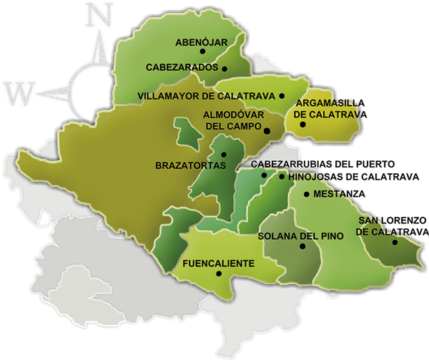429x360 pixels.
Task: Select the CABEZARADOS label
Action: (x=182, y=68)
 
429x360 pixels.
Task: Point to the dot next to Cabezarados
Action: (x=225, y=69)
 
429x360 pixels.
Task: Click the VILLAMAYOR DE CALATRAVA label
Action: (x=206, y=95)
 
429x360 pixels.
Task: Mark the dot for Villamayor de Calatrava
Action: (x=282, y=95)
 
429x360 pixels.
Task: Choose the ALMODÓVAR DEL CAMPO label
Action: (x=234, y=120)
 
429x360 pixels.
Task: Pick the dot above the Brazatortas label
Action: (x=224, y=155)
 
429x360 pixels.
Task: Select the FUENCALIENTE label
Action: (x=219, y=263)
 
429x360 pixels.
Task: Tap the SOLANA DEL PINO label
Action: (x=300, y=235)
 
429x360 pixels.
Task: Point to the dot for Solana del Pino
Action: (x=302, y=246)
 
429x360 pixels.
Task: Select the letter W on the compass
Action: (x=16, y=92)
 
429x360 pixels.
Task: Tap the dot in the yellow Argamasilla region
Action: (x=303, y=125)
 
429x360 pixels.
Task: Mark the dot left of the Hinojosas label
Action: (x=281, y=177)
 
